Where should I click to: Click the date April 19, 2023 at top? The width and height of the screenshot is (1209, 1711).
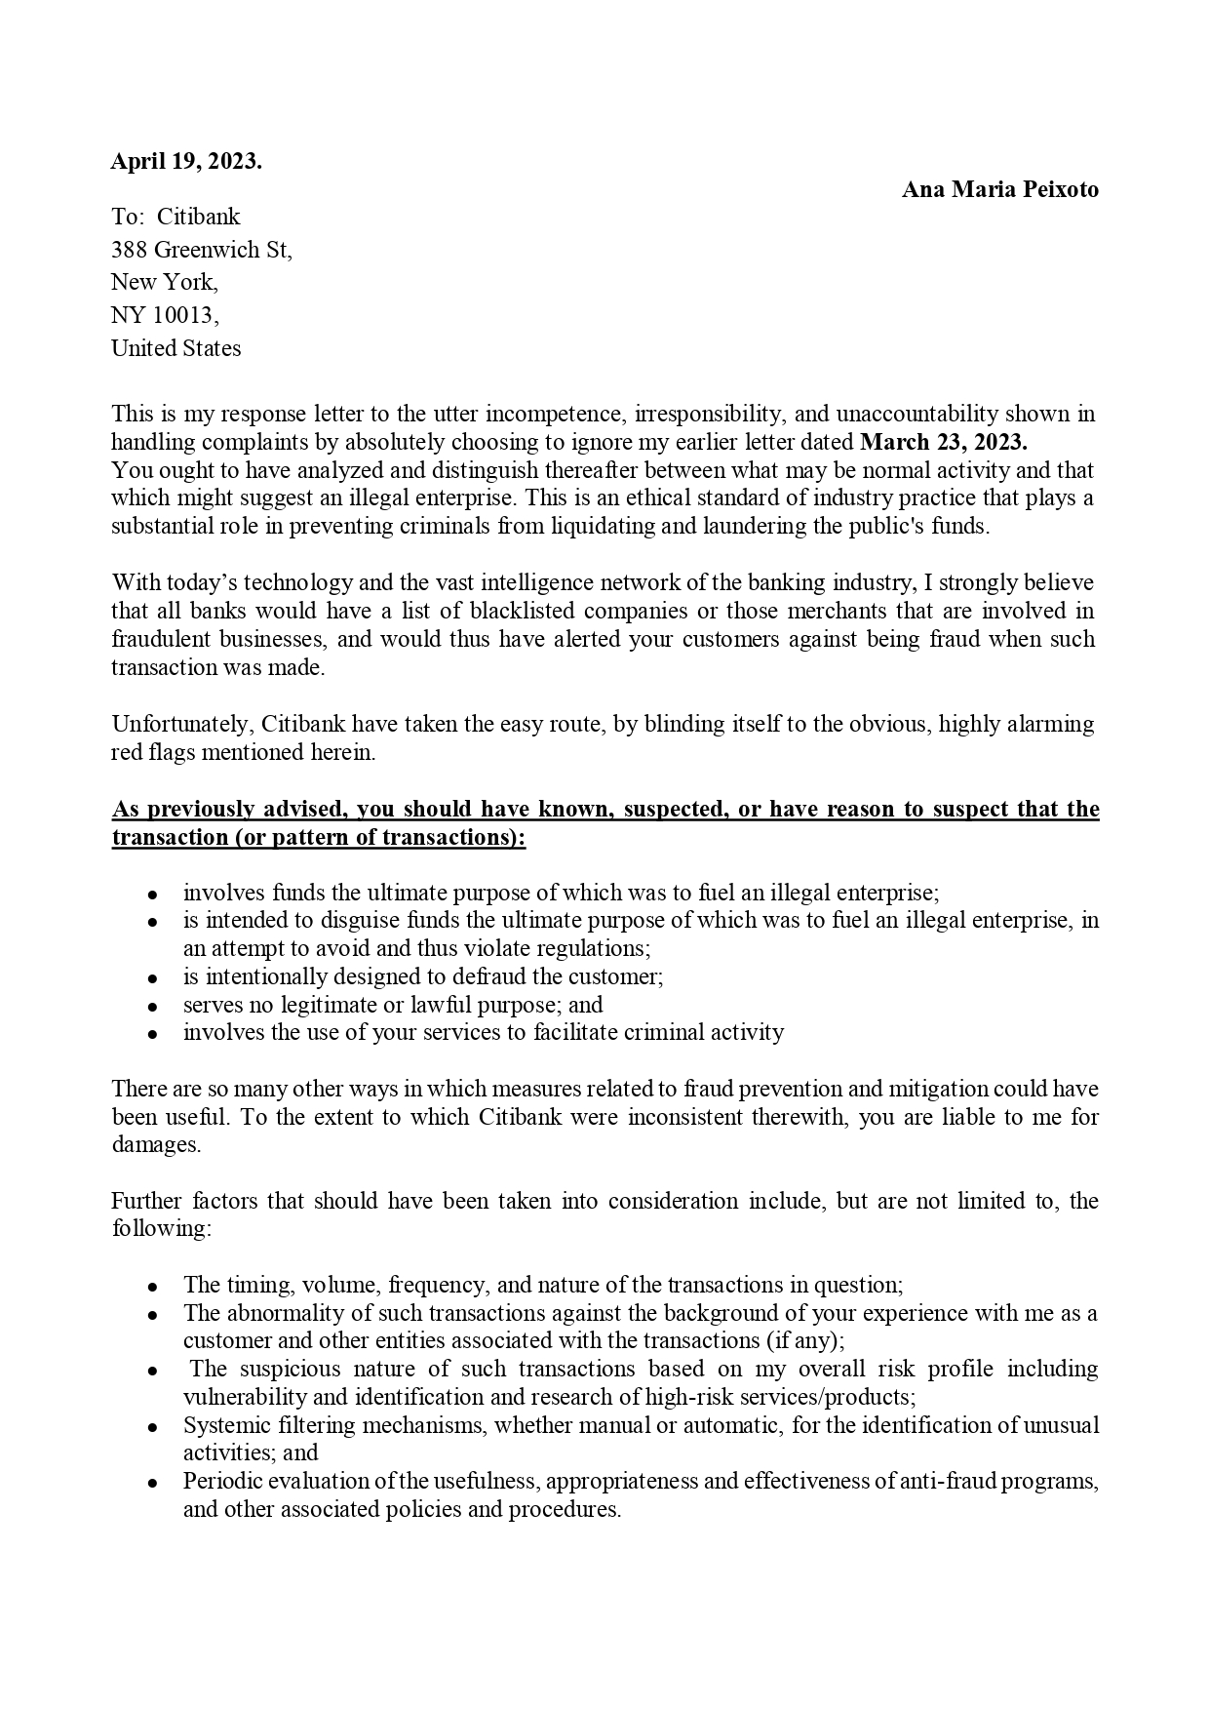click(185, 162)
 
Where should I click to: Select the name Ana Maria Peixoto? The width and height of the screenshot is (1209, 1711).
click(999, 189)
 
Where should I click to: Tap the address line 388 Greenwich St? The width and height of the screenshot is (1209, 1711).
click(201, 250)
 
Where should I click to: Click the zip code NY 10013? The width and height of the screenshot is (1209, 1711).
click(165, 315)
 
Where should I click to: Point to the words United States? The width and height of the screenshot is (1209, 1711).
click(175, 348)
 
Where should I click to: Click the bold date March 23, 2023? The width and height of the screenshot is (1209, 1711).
click(943, 442)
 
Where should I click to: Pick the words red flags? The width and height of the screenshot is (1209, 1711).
click(148, 752)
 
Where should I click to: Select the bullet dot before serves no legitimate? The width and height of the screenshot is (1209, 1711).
click(153, 1006)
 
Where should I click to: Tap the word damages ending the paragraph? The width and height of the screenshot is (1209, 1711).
click(155, 1145)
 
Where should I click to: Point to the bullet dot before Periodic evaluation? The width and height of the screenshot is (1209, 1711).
click(153, 1482)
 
